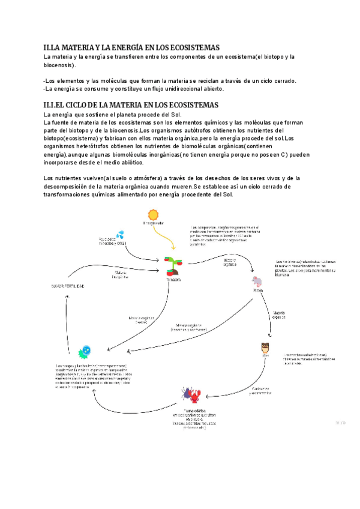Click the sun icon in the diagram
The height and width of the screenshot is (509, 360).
pyautogui.click(x=154, y=215)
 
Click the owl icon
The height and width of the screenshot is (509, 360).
pyautogui.click(x=266, y=347)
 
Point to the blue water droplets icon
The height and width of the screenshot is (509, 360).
pyautogui.click(x=120, y=235)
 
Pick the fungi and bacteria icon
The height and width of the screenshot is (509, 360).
pyautogui.click(x=86, y=352)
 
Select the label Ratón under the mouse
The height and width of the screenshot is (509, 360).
pyautogui.click(x=259, y=289)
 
